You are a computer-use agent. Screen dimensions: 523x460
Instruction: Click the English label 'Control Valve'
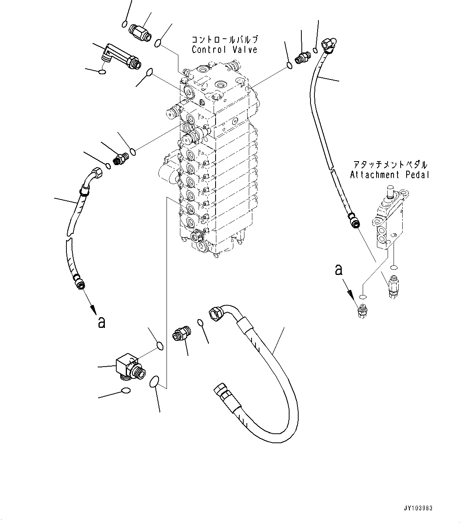tap(224, 50)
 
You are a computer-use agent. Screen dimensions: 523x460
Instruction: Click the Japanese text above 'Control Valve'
tap(224, 40)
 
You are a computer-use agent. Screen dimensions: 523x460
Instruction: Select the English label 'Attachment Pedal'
tap(389, 175)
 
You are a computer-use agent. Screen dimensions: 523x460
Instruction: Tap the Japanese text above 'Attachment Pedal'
tap(389, 165)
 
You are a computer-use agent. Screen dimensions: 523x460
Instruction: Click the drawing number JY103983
tap(419, 508)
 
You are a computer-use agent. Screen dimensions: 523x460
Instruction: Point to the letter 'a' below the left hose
tap(102, 323)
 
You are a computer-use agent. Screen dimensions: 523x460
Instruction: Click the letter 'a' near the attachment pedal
tap(339, 270)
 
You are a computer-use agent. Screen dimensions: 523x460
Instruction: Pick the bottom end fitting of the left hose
tap(79, 282)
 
